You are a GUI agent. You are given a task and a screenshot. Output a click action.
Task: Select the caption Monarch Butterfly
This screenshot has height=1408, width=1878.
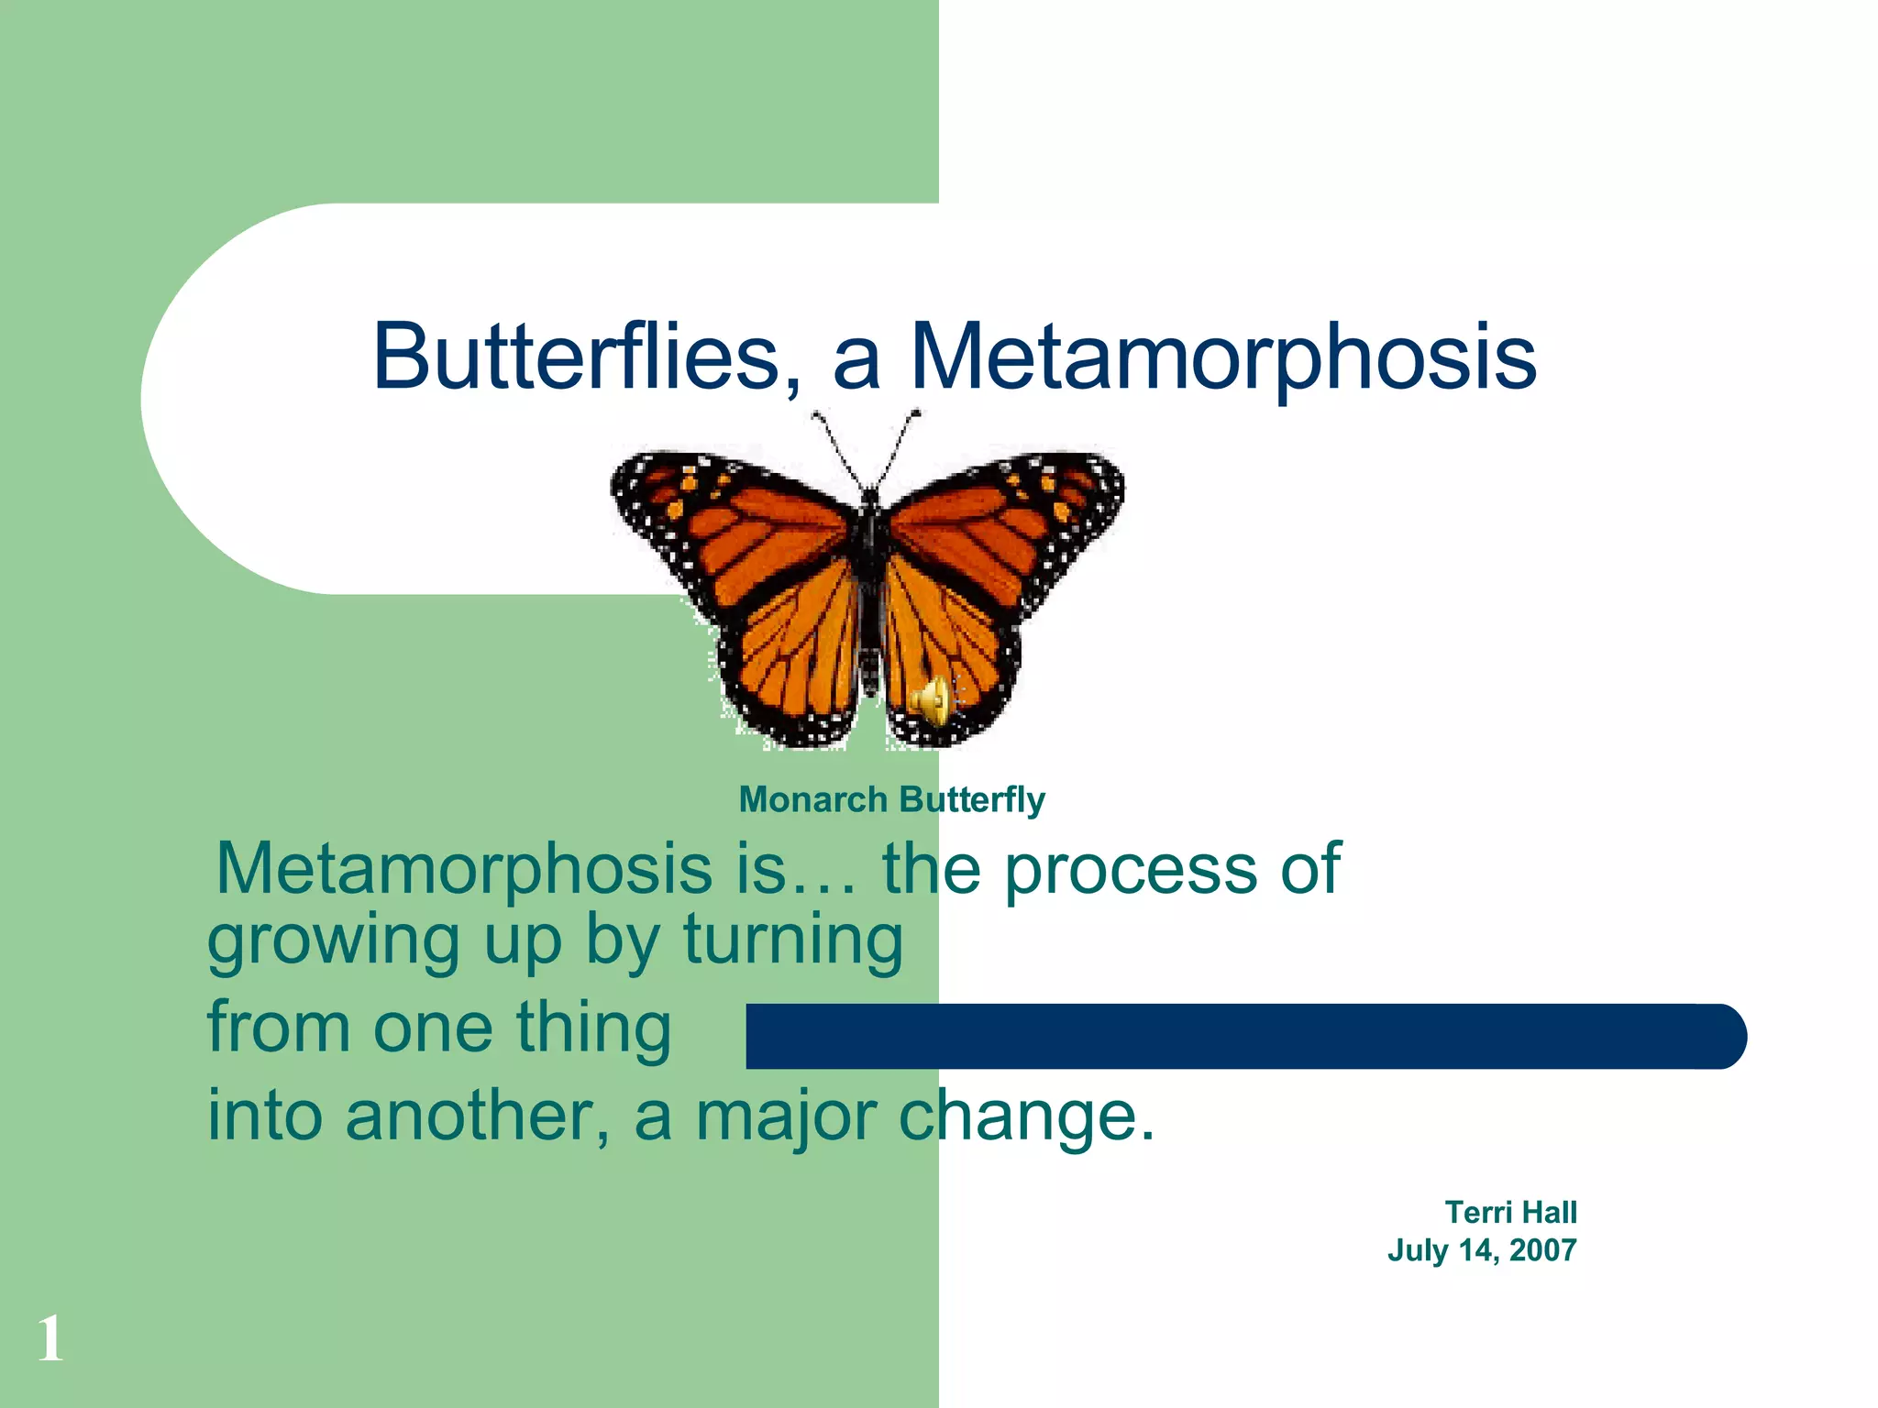(891, 800)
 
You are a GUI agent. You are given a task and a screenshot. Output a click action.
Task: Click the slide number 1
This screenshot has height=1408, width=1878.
(50, 1339)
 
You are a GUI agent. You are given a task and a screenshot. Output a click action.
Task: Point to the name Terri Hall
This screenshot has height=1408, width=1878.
(1510, 1213)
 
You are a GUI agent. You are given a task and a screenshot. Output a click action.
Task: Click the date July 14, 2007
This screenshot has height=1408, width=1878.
(1481, 1250)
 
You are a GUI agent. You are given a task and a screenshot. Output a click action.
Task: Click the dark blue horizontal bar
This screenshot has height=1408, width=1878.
(1245, 1036)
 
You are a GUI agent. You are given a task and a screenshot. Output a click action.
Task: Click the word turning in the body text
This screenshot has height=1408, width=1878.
(793, 940)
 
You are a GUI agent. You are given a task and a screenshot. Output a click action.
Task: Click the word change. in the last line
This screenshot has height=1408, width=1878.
(1026, 1116)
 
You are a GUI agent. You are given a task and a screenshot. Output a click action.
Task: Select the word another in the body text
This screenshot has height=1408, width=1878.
(477, 1116)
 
